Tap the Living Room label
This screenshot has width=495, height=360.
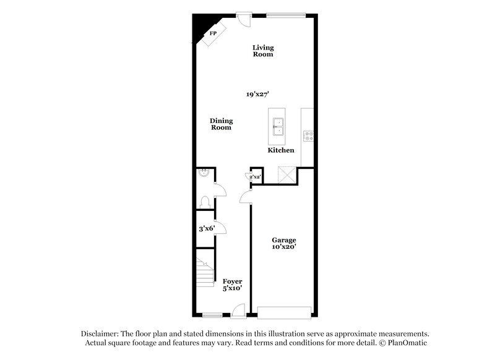click(263, 51)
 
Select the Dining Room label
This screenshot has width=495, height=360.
click(221, 124)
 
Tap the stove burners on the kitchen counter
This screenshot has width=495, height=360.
click(307, 135)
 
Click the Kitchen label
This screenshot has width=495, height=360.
click(280, 150)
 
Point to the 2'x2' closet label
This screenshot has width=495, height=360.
click(255, 176)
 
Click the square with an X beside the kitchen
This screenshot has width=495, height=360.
click(286, 174)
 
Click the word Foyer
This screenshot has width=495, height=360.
click(233, 281)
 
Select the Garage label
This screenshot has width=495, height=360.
click(285, 240)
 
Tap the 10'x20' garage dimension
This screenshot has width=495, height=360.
click(285, 247)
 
